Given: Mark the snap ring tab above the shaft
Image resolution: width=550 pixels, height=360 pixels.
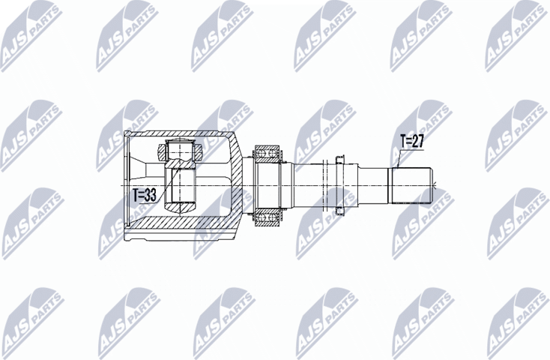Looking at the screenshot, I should tap(341, 157).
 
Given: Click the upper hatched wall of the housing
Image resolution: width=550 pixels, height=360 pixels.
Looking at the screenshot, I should tap(180, 135).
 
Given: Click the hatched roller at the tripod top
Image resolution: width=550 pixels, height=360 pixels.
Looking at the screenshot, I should tap(180, 149).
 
